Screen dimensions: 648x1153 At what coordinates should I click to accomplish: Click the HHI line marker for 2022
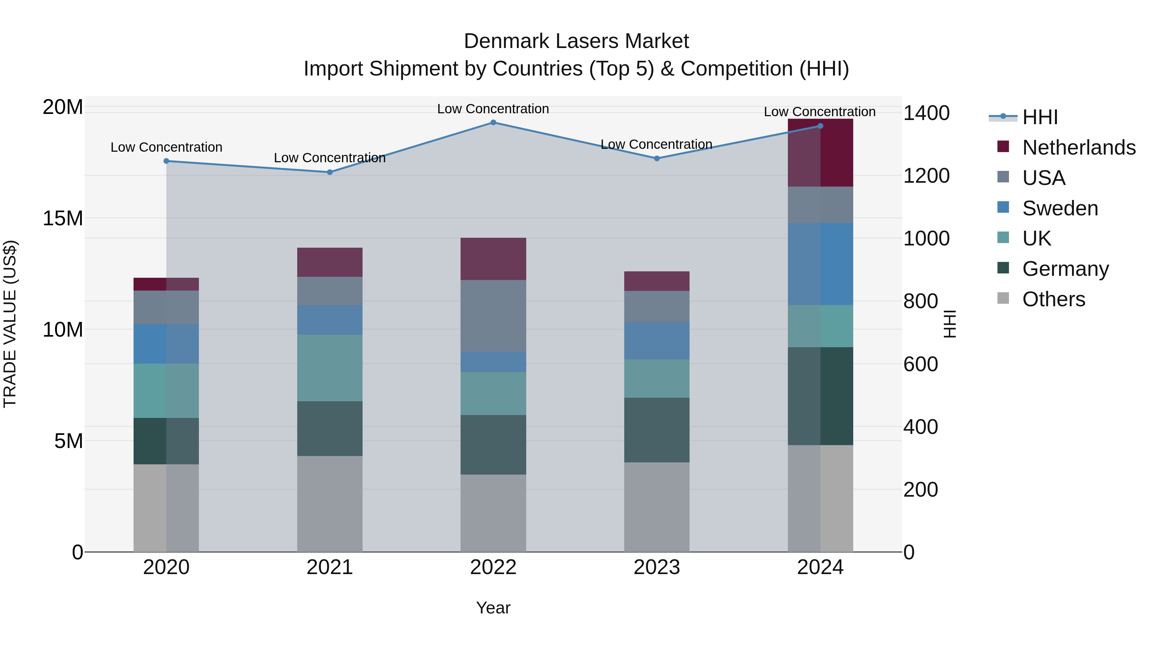[x=493, y=123]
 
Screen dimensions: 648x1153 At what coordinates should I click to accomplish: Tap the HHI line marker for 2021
[x=330, y=172]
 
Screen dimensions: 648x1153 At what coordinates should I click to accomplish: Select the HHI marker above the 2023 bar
[x=657, y=158]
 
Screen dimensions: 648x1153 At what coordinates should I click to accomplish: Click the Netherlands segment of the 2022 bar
[x=493, y=259]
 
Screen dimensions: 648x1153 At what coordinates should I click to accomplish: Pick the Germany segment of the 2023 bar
[x=657, y=430]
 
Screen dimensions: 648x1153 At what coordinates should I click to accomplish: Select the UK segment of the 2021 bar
[x=330, y=368]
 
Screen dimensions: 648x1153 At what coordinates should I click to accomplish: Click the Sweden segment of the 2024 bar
[x=821, y=264]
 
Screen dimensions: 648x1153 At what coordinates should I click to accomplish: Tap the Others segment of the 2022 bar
[x=493, y=513]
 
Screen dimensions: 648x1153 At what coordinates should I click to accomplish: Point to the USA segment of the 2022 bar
[x=493, y=316]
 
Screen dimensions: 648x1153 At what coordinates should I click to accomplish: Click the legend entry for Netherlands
[x=1079, y=148]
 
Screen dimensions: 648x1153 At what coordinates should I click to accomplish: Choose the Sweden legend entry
[x=1060, y=208]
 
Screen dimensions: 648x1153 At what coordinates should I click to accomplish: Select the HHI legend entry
[x=1040, y=117]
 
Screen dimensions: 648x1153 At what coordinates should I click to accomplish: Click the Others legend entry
[x=1054, y=299]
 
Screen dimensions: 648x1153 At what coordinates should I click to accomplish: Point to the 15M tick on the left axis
[x=63, y=218]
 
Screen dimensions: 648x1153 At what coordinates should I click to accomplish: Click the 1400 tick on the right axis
[x=926, y=113]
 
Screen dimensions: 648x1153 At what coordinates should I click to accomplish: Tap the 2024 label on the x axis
[x=821, y=567]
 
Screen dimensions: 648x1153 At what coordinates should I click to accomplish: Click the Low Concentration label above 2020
[x=167, y=147]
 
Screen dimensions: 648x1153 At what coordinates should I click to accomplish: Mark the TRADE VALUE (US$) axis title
[x=10, y=324]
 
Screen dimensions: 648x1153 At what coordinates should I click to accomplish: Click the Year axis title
[x=493, y=608]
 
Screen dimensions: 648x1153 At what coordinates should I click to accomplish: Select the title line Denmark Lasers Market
[x=576, y=41]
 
